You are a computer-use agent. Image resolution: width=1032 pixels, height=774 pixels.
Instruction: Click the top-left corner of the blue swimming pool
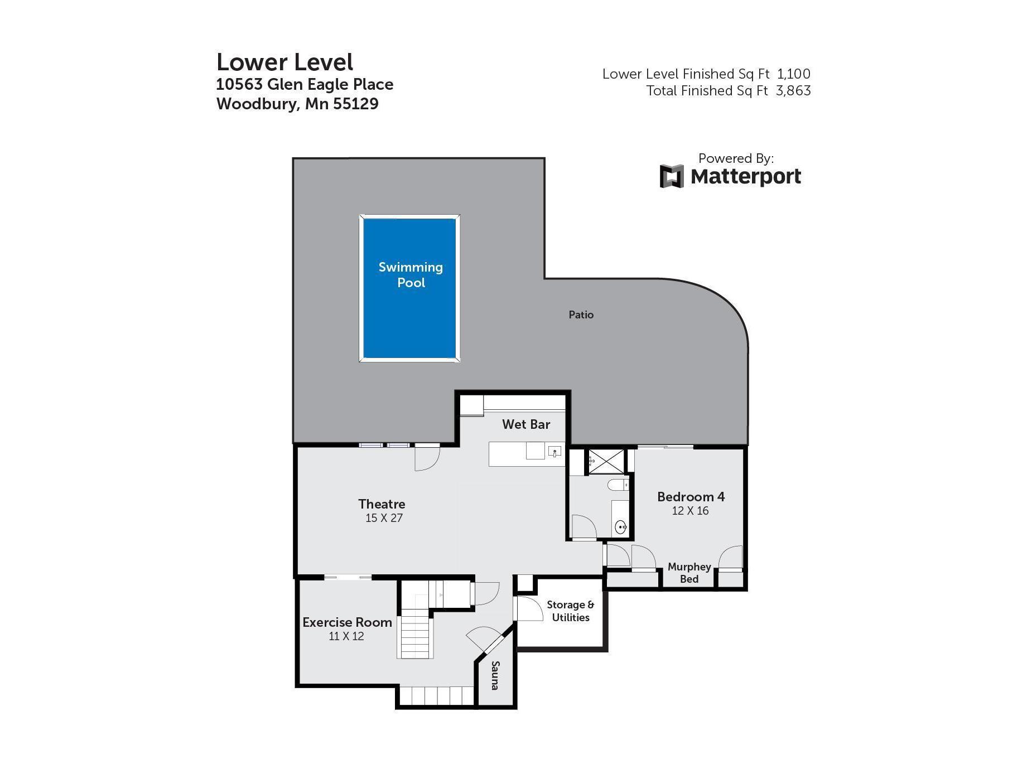pos(364,219)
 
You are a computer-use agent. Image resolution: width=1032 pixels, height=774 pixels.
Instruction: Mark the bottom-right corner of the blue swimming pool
pos(456,357)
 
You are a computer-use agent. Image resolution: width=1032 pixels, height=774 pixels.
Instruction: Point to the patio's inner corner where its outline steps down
pos(544,278)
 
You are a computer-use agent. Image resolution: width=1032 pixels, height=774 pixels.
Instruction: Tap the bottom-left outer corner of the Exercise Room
pos(297,685)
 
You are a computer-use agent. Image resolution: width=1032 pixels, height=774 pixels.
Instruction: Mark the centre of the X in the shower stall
pos(607,462)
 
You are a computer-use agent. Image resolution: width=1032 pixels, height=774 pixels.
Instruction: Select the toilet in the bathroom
pos(618,485)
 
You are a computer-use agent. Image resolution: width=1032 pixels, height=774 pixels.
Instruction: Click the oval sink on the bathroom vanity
pos(620,526)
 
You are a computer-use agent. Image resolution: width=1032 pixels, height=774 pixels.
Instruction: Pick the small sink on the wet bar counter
pos(555,451)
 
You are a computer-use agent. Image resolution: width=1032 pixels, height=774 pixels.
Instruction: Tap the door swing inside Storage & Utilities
pos(529,609)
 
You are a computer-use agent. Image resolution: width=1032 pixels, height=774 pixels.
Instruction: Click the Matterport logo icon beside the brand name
pos(672,176)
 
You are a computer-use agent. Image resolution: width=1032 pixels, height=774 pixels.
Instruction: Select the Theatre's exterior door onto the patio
pos(427,457)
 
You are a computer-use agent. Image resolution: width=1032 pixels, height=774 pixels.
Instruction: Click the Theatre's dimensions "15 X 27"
pos(384,518)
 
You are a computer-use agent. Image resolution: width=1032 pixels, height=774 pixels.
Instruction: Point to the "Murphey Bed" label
pos(689,573)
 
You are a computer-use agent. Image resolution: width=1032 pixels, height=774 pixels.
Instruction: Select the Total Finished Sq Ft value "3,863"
pos(793,91)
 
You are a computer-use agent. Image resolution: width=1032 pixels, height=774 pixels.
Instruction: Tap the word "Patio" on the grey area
pos(581,315)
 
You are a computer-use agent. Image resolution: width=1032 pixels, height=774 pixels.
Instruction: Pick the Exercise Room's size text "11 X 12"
pos(346,636)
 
